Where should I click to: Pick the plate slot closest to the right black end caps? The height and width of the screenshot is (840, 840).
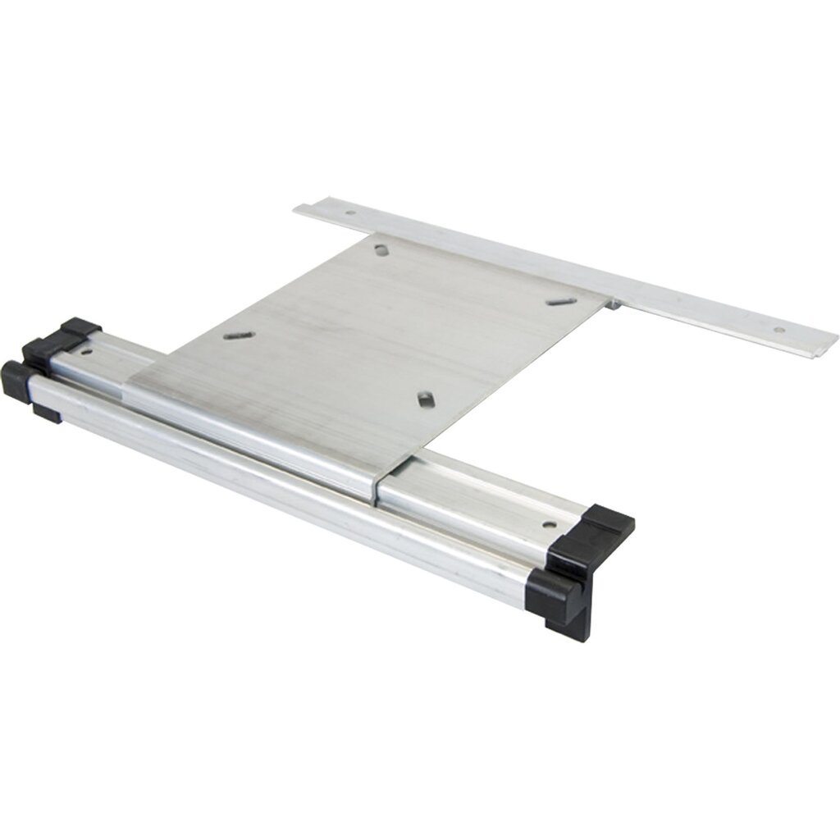click(x=424, y=399)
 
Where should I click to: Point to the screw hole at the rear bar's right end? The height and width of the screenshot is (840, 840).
click(x=779, y=331)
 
